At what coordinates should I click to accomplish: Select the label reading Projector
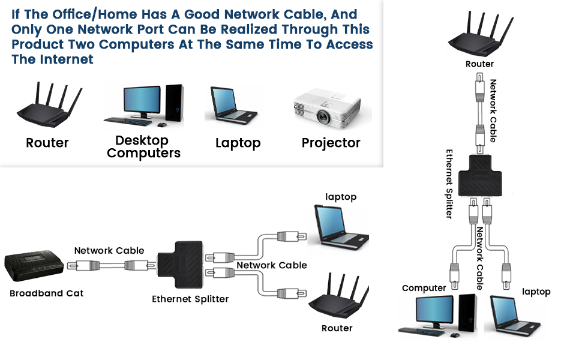331,143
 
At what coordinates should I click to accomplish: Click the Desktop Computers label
143,147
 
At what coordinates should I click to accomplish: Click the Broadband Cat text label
46,293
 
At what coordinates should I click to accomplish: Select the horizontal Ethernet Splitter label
190,299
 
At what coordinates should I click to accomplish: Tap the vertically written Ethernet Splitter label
449,184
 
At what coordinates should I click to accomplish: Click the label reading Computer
424,288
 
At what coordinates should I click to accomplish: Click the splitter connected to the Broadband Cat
179,264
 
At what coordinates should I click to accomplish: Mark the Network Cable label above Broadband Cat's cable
109,250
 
